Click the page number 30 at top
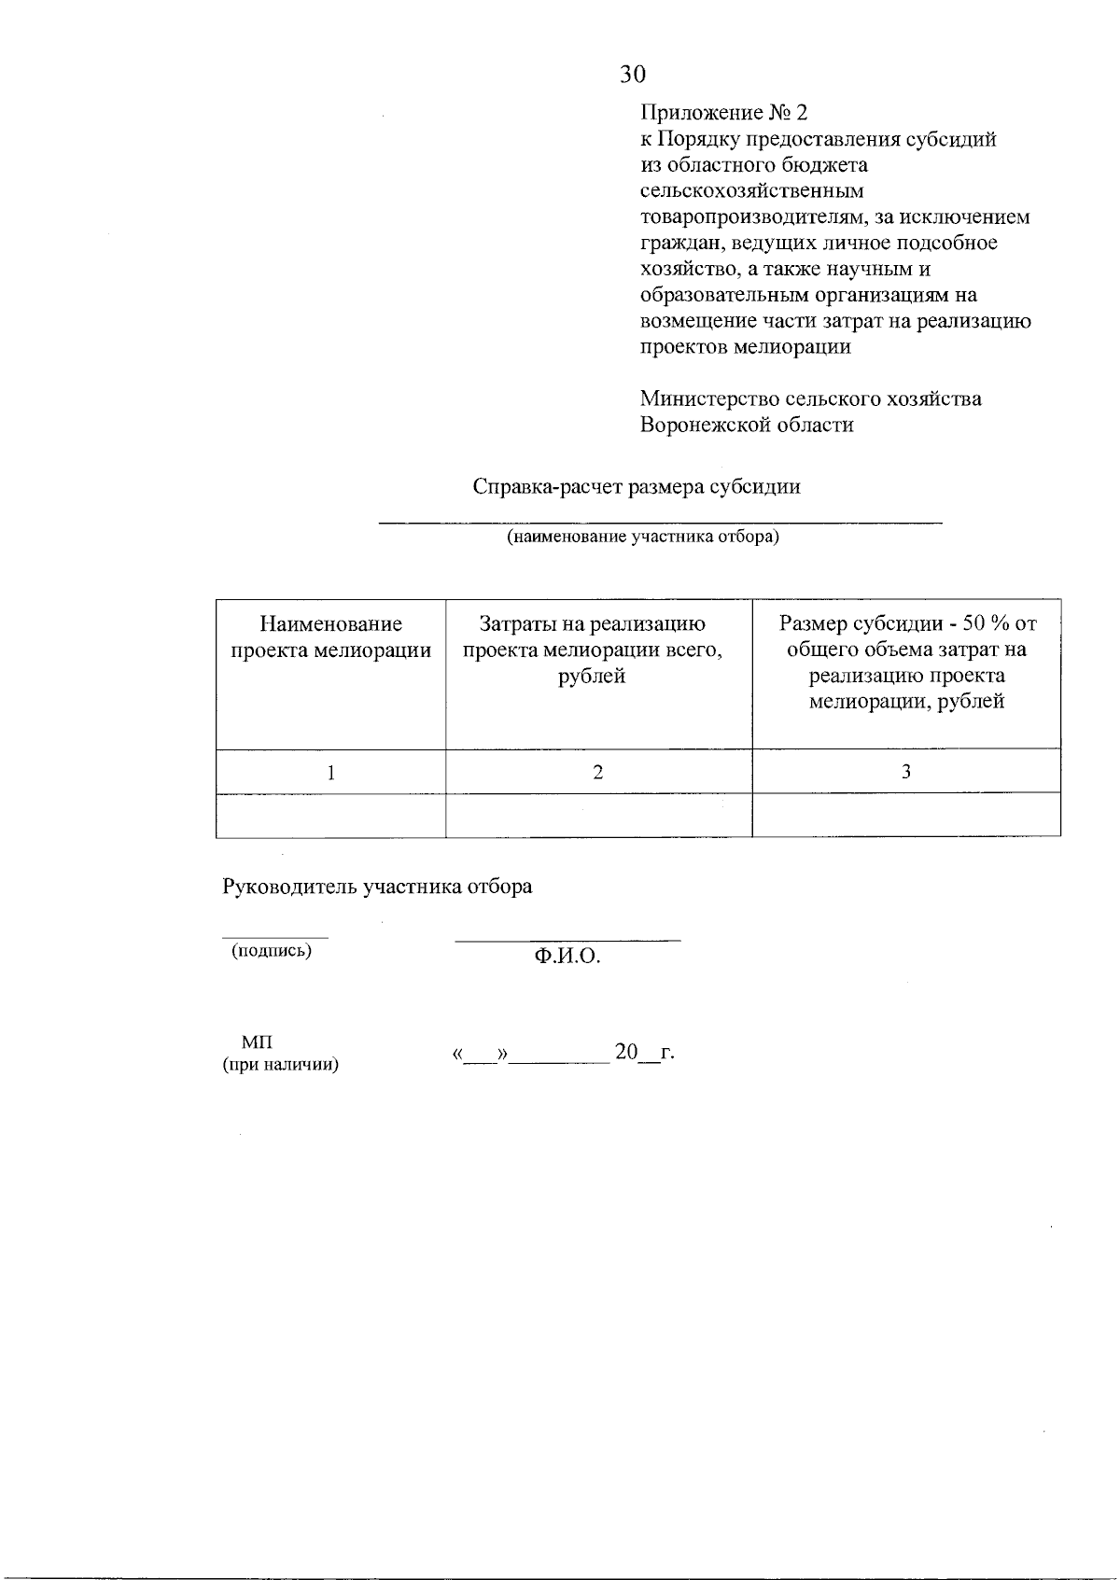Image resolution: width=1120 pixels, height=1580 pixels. [632, 75]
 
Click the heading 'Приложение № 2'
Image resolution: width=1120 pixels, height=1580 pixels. [723, 113]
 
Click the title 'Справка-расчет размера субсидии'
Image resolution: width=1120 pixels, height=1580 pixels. [637, 487]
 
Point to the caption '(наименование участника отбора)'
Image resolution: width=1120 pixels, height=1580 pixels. [643, 538]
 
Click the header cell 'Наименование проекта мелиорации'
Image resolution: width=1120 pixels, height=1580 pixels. [330, 637]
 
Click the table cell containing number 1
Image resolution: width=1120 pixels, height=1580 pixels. [330, 772]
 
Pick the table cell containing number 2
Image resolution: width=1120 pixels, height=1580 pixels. [598, 772]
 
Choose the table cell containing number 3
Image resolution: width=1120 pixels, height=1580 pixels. [905, 772]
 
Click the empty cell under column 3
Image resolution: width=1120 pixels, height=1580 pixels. [905, 816]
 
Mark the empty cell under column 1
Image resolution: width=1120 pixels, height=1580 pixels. [330, 816]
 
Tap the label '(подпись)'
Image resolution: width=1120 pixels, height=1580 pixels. [272, 951]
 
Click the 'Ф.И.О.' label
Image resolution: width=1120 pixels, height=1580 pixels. [567, 957]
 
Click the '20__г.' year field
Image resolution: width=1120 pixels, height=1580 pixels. [643, 1053]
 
